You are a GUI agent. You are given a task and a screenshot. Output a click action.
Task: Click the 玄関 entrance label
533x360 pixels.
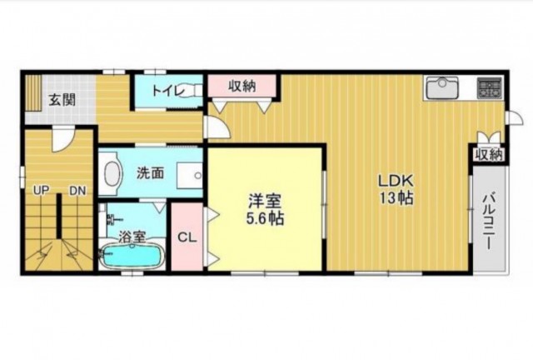tap(62, 100)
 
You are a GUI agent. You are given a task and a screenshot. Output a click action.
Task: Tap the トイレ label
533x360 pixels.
tap(168, 91)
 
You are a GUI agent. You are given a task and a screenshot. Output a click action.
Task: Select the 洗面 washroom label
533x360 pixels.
tap(150, 173)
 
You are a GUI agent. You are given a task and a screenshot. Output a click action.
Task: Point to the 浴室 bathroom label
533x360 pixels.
tap(132, 237)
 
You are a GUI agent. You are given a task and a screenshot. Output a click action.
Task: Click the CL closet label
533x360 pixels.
tap(187, 237)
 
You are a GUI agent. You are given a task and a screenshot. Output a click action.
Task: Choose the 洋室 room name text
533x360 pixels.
tap(265, 201)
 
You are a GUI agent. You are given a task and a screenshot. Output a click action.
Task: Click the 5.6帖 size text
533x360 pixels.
tap(265, 218)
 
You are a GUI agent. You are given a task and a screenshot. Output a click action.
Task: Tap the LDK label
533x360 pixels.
tap(396, 180)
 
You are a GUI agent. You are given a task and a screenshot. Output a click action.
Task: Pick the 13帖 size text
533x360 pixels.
tap(396, 197)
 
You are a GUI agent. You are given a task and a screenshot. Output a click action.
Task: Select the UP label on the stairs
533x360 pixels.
tap(41, 191)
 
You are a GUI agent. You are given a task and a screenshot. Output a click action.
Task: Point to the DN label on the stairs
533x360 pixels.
tap(77, 191)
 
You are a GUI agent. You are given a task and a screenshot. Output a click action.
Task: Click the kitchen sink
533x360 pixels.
tap(442, 87)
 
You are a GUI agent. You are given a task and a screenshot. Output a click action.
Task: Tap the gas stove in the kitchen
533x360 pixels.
tap(490, 87)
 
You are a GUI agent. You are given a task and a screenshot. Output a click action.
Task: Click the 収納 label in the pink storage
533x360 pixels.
tap(242, 86)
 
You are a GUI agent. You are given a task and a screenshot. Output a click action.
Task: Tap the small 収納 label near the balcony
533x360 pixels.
tap(489, 155)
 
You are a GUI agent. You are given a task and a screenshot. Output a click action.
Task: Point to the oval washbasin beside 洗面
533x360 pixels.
tap(112, 173)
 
